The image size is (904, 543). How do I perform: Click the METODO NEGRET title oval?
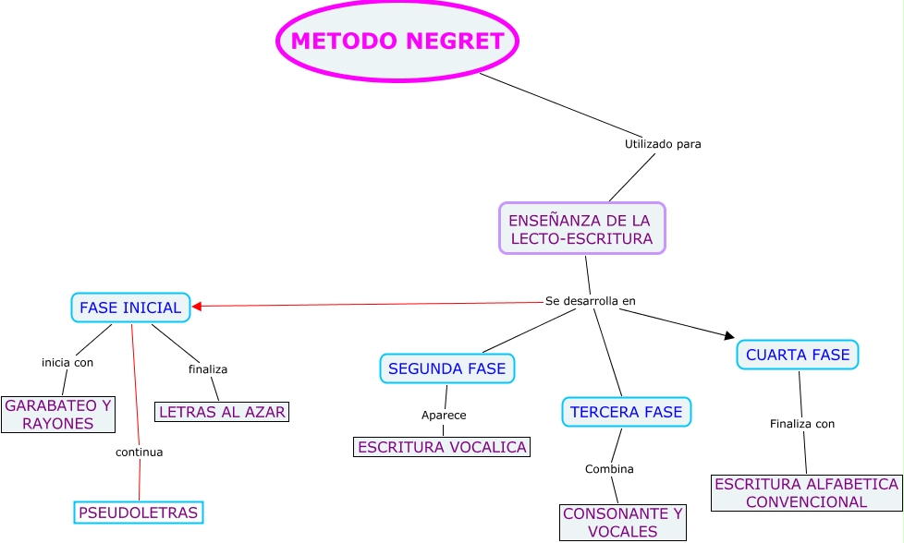(x=397, y=42)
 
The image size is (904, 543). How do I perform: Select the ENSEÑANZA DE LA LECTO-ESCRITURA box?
(x=582, y=229)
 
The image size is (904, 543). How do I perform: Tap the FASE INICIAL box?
(x=130, y=308)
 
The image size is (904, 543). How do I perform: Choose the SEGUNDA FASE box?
(x=447, y=368)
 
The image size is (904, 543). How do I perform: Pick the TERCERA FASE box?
(x=627, y=412)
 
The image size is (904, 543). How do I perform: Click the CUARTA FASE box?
(x=798, y=355)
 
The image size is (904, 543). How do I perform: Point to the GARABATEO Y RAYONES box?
(x=58, y=414)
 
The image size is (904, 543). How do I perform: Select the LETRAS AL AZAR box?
(x=222, y=412)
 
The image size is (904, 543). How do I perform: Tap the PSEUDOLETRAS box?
(x=138, y=512)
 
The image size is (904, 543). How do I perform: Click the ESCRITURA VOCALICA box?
(x=442, y=447)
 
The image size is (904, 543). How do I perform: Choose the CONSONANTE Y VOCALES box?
(x=623, y=522)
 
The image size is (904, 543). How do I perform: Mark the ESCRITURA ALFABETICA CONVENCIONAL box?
(x=806, y=493)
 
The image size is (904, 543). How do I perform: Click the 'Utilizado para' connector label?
(x=663, y=144)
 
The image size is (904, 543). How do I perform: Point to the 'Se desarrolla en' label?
(x=591, y=301)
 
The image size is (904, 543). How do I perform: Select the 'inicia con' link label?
(x=67, y=362)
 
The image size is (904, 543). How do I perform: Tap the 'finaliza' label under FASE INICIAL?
(x=208, y=368)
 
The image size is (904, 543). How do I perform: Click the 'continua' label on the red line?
(x=139, y=452)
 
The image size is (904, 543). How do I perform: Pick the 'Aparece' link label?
(x=444, y=415)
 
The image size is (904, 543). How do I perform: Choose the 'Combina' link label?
(x=609, y=469)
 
